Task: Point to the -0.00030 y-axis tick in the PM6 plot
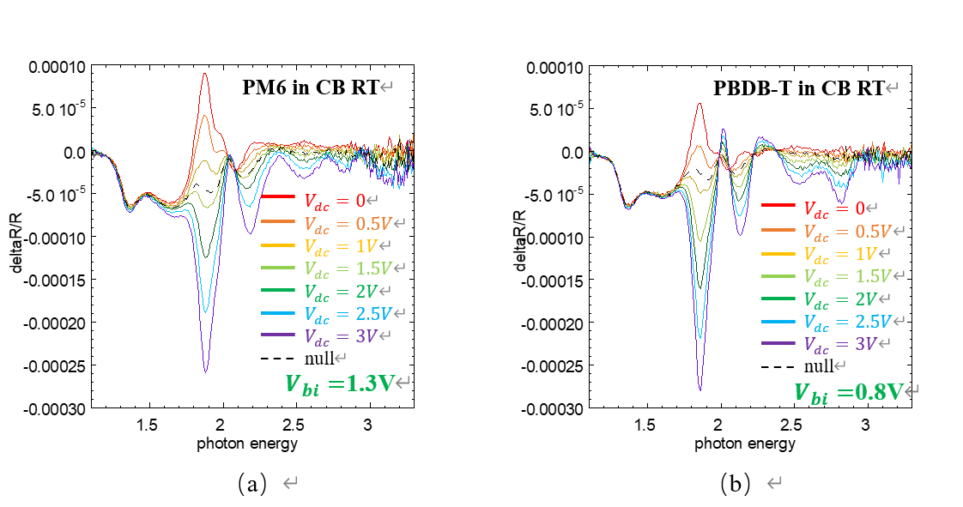(58, 409)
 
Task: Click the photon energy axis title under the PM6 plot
(247, 443)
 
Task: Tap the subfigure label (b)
(736, 485)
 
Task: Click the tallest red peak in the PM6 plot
(205, 74)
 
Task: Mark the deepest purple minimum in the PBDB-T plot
(700, 390)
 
